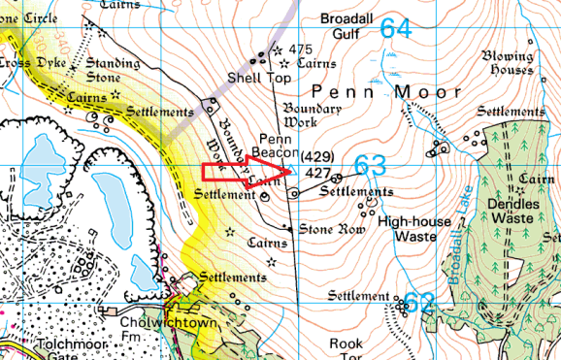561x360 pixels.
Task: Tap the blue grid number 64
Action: tap(395, 28)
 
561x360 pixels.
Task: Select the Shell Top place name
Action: tap(259, 77)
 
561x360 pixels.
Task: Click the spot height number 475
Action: tap(300, 49)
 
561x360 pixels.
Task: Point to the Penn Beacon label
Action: tap(275, 147)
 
